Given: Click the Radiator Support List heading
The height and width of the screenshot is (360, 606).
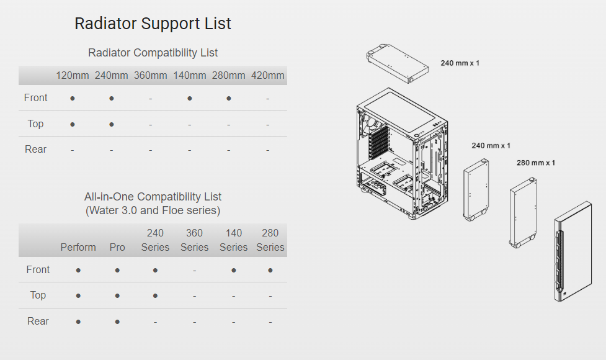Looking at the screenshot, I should (x=153, y=24).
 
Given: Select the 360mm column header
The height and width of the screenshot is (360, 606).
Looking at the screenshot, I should (x=150, y=76).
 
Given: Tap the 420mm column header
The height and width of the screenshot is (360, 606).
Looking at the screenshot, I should (x=267, y=76).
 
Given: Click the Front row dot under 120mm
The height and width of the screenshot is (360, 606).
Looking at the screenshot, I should (x=73, y=98).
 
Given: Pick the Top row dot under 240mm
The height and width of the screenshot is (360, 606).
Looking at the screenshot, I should (x=112, y=124).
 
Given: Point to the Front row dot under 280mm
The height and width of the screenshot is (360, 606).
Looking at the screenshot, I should (x=229, y=98).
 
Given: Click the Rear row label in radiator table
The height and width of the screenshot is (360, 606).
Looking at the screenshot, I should (x=36, y=150).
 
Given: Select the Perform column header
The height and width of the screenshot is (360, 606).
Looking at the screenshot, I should (x=78, y=247).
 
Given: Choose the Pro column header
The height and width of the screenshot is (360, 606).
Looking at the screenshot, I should (x=117, y=247).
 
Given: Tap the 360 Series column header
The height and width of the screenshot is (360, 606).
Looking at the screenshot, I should (x=194, y=240).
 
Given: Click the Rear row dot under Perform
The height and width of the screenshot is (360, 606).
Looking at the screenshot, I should (x=78, y=322).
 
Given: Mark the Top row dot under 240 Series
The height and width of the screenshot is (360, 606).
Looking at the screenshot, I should (x=155, y=295).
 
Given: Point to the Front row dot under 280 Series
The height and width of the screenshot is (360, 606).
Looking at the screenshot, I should (x=270, y=270).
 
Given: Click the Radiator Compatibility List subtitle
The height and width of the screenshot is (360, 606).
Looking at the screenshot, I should (x=153, y=53).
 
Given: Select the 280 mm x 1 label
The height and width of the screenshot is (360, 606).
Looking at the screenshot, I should (x=535, y=163).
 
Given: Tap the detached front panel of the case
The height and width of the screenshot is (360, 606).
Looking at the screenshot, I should (x=573, y=251).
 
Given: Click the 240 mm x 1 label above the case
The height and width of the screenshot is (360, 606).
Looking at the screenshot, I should (x=460, y=63).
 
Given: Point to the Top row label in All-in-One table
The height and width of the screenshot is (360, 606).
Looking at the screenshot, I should (x=38, y=295).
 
